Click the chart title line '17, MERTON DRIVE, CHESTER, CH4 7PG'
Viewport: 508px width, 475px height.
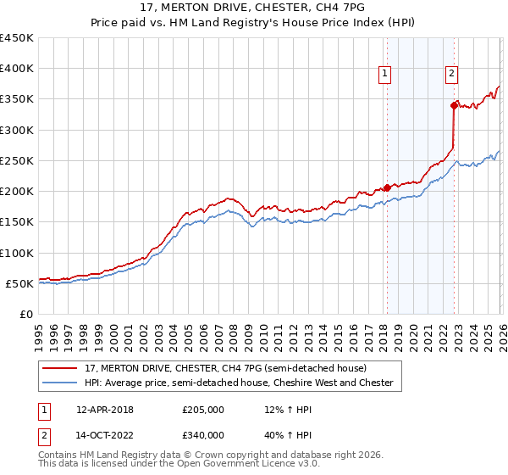pos(254,8)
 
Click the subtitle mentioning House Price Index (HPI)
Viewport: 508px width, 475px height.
pos(254,23)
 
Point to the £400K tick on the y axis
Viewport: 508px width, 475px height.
pos(17,69)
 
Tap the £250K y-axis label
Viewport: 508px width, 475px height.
pos(17,160)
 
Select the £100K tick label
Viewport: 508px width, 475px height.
pos(17,253)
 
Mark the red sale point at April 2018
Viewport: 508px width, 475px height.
pos(387,187)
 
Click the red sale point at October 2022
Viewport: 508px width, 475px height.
pos(454,105)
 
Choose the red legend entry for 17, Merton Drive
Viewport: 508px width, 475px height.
pos(225,369)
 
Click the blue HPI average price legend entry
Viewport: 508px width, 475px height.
pos(239,383)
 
